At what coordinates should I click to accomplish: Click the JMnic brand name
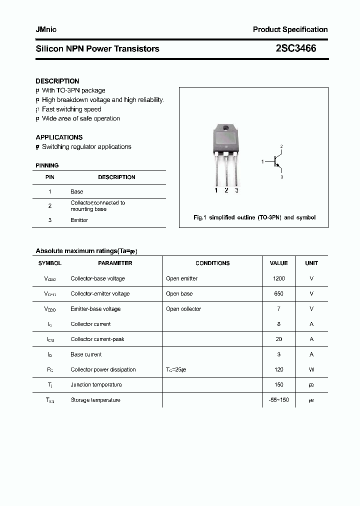(46, 29)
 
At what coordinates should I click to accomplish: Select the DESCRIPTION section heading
(57, 81)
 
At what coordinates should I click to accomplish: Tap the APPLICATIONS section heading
(59, 137)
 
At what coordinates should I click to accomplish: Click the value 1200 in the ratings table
(278, 278)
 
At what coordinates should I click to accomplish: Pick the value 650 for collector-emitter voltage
(278, 294)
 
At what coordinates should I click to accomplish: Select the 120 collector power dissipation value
(278, 369)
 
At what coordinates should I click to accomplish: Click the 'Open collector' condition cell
(183, 309)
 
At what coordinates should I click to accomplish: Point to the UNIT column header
(311, 263)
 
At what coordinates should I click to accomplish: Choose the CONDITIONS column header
(212, 263)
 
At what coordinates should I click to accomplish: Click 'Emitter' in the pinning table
(79, 220)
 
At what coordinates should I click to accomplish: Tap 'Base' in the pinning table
(76, 191)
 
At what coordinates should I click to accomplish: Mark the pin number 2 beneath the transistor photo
(226, 190)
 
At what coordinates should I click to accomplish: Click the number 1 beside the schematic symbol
(262, 161)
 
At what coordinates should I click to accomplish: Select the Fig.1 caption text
(254, 217)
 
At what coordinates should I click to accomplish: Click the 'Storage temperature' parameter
(95, 400)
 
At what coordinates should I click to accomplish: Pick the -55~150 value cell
(278, 400)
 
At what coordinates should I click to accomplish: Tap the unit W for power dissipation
(311, 369)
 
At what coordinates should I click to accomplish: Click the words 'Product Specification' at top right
(290, 29)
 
